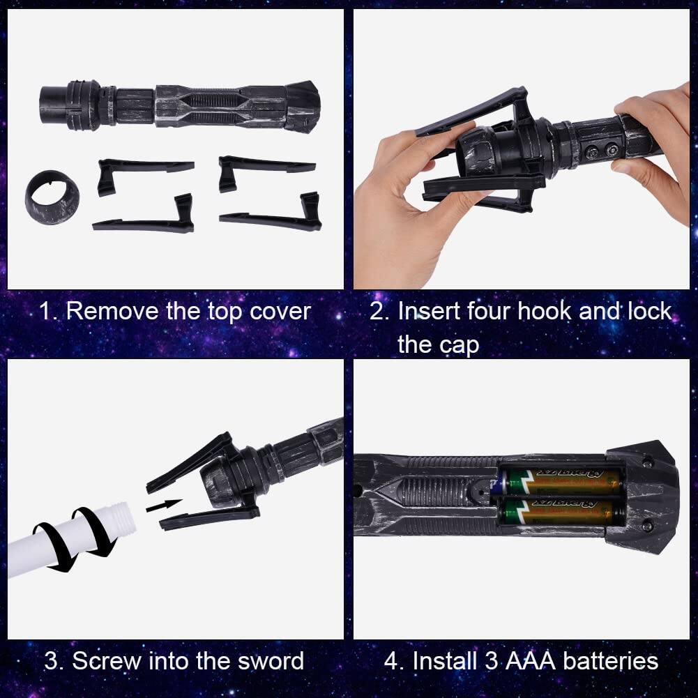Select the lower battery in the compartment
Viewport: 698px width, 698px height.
tap(561, 511)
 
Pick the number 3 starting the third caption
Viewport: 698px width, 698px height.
tap(51, 660)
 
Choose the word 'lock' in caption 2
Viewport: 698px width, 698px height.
tap(648, 311)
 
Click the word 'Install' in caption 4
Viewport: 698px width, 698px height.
tap(443, 660)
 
